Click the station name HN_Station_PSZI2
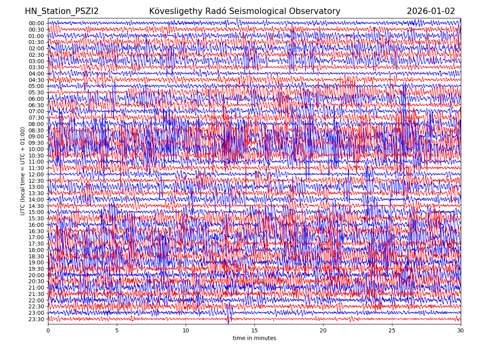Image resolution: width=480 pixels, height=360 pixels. tap(62, 11)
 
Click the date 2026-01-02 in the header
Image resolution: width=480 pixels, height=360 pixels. tap(431, 11)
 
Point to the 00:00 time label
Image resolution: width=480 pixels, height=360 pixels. tap(36, 23)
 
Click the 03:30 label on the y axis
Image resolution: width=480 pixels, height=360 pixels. tap(36, 67)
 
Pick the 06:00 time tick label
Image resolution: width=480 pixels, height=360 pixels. tap(36, 99)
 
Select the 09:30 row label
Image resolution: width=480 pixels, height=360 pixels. tap(36, 143)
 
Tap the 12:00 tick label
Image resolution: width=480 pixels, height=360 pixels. tap(36, 174)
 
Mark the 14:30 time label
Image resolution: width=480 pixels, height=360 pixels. tap(36, 206)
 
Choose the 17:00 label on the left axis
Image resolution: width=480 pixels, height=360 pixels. tap(36, 237)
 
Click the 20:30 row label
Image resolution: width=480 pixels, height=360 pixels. tap(36, 281)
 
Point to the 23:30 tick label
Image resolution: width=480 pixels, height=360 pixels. tap(36, 319)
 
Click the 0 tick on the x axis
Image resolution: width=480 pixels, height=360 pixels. tap(48, 331)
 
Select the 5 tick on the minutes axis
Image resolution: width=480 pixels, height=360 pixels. tap(117, 331)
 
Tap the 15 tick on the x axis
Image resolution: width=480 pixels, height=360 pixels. tap(254, 331)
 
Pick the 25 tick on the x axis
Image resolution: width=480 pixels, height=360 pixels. tap(392, 331)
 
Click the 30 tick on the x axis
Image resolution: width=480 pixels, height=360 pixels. tap(461, 331)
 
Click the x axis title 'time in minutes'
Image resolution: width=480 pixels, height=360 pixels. tap(254, 338)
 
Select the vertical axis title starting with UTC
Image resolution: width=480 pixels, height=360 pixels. tap(23, 171)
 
